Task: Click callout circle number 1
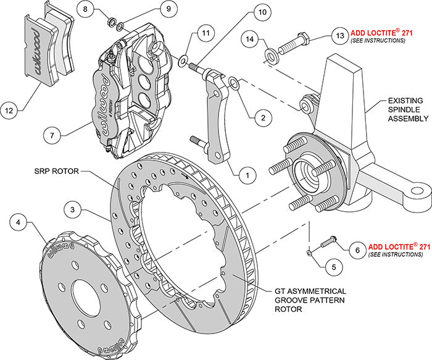click(x=247, y=175)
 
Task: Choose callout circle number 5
click(x=333, y=268)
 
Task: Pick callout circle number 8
click(x=87, y=10)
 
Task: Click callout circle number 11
click(x=206, y=33)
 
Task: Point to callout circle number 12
click(x=9, y=112)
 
